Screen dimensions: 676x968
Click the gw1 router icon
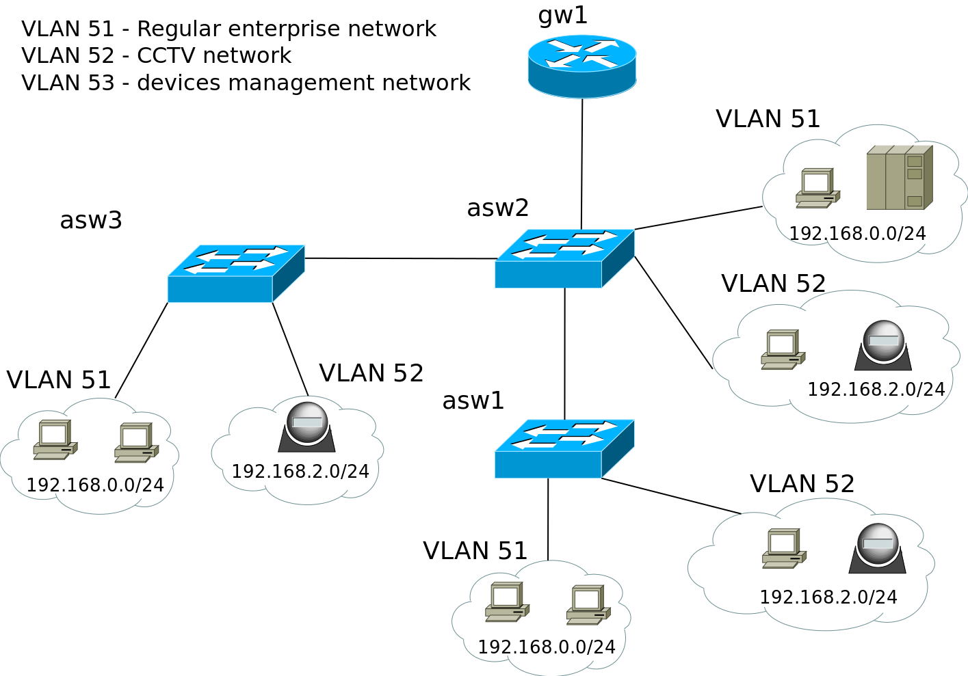pyautogui.click(x=582, y=66)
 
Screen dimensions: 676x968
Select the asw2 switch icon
pyautogui.click(x=564, y=258)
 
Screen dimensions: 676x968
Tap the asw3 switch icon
pyautogui.click(x=235, y=273)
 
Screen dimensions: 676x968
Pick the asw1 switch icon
pyautogui.click(x=564, y=448)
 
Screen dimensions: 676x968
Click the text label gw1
pyautogui.click(x=562, y=15)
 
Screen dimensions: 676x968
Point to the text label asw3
pyautogui.click(x=91, y=220)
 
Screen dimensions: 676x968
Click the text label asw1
pyautogui.click(x=473, y=401)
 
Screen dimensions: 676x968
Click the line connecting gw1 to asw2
pyautogui.click(x=581, y=164)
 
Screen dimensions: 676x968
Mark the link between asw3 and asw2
pyautogui.click(x=400, y=258)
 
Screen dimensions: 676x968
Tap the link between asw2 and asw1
pyautogui.click(x=564, y=353)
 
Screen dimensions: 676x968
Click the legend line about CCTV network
pyautogui.click(x=156, y=55)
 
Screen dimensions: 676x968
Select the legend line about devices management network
pyautogui.click(x=246, y=83)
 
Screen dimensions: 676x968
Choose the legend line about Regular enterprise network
pyautogui.click(x=228, y=29)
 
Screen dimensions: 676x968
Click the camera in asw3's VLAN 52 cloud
pyautogui.click(x=306, y=427)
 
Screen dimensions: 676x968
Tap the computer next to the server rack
pyautogui.click(x=817, y=188)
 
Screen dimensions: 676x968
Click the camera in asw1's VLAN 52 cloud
pyautogui.click(x=877, y=548)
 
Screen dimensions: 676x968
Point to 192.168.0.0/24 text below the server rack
pyautogui.click(x=857, y=234)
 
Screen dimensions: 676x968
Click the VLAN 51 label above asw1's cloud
pyautogui.click(x=475, y=551)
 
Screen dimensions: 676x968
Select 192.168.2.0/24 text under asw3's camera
pyautogui.click(x=300, y=472)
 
